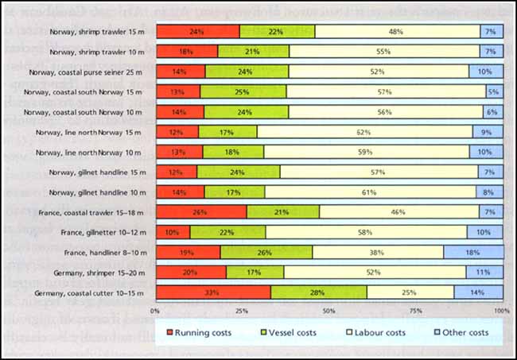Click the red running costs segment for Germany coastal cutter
click(x=213, y=292)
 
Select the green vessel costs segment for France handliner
click(x=266, y=253)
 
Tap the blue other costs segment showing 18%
click(x=472, y=253)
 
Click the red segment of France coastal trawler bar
click(x=201, y=212)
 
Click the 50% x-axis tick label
click(x=328, y=310)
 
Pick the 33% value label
click(x=213, y=292)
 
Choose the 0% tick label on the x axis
click(x=156, y=310)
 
